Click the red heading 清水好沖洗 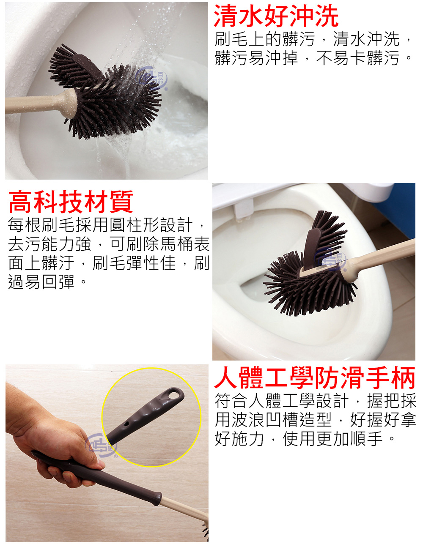point(276,17)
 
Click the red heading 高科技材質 point(71,202)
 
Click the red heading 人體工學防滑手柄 point(315,378)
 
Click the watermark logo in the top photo point(155,78)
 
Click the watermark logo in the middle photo point(333,260)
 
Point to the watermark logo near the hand point(101,445)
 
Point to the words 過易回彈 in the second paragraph point(41,282)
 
